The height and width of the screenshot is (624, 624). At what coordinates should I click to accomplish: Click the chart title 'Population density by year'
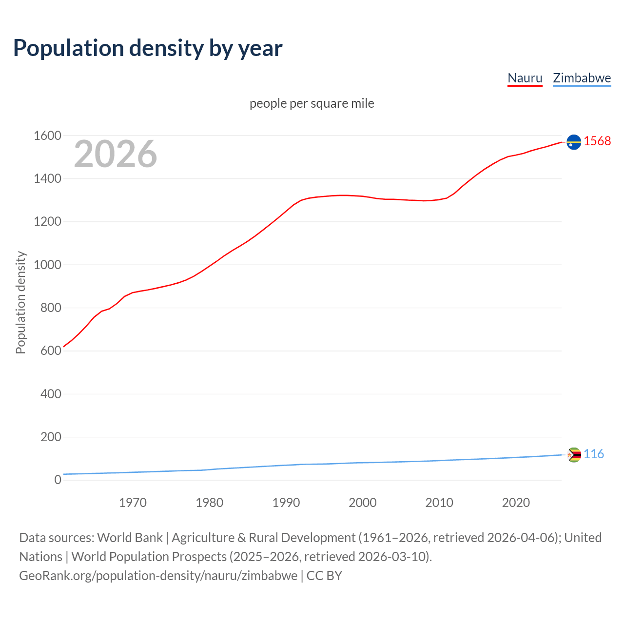click(x=148, y=48)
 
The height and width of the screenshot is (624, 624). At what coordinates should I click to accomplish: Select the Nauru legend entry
click(x=525, y=78)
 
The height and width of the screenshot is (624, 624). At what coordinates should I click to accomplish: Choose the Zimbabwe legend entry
click(x=582, y=78)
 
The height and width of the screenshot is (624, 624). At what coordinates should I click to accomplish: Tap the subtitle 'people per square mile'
click(x=312, y=104)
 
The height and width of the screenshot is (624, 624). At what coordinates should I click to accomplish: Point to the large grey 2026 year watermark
click(x=116, y=154)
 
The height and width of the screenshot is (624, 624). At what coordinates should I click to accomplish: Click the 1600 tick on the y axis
click(x=47, y=136)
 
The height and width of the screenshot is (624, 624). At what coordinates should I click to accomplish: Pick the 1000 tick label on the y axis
click(x=47, y=265)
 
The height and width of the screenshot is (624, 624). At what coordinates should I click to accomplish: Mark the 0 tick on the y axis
click(x=58, y=480)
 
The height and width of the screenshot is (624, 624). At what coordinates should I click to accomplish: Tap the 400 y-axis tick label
click(x=51, y=394)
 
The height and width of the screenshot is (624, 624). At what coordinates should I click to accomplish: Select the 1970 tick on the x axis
click(x=133, y=503)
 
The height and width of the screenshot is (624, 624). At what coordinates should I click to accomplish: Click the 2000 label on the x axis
click(x=362, y=503)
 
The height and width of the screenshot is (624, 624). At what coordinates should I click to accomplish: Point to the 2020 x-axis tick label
click(x=516, y=503)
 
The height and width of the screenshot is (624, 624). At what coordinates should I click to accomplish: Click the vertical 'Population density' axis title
click(x=20, y=302)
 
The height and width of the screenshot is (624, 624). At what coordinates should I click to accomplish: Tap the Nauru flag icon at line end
click(x=574, y=142)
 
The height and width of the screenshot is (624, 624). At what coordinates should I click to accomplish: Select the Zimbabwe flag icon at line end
click(x=574, y=455)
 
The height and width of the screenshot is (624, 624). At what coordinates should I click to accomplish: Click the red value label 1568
click(x=597, y=141)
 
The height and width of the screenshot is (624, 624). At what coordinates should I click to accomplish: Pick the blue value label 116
click(x=594, y=454)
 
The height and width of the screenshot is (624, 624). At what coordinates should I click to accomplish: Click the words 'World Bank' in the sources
click(x=130, y=538)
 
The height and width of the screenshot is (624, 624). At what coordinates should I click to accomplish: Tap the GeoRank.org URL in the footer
click(x=158, y=576)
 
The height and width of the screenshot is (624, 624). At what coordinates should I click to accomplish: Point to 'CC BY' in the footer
click(x=324, y=576)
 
